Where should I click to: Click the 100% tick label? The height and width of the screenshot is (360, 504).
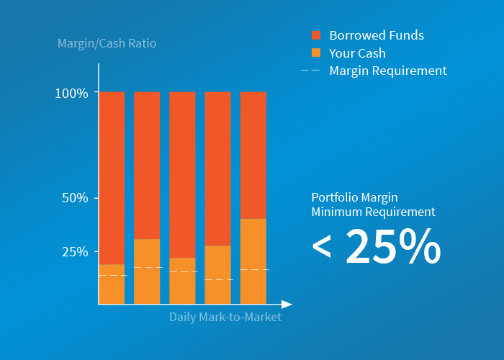(71, 94)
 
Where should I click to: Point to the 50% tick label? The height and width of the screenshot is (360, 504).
(75, 198)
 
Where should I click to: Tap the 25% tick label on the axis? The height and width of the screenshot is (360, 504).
(75, 252)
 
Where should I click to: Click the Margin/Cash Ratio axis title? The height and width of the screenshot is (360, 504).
(107, 43)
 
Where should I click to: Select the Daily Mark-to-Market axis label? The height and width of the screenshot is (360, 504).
(225, 317)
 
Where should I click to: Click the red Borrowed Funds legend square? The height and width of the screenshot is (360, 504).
(315, 35)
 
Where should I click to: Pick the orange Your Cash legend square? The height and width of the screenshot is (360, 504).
(315, 53)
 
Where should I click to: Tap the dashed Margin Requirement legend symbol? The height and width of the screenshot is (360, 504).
(310, 71)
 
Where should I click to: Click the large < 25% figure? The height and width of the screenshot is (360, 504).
(376, 246)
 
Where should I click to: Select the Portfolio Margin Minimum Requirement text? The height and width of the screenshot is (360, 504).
(373, 204)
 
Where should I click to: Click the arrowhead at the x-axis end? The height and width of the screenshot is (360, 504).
(287, 305)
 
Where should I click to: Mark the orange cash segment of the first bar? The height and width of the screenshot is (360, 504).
(112, 288)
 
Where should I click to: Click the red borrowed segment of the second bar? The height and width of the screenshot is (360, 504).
(147, 166)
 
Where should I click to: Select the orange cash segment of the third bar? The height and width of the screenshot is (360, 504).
(182, 288)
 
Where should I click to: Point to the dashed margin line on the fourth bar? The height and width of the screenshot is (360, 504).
(217, 279)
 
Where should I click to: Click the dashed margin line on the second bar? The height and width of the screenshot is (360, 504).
(147, 267)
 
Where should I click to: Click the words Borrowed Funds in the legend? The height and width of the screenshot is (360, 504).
(377, 35)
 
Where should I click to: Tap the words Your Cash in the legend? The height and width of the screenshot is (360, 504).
(357, 53)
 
